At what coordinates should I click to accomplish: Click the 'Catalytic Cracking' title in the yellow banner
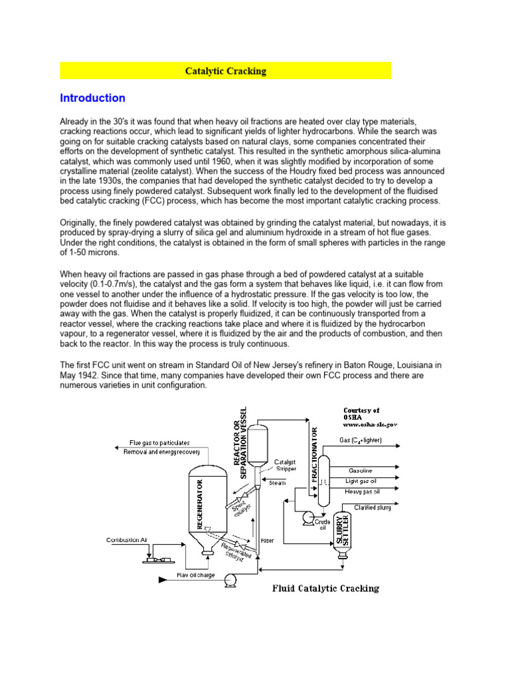pyautogui.click(x=225, y=71)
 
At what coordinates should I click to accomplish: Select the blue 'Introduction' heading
pyautogui.click(x=92, y=98)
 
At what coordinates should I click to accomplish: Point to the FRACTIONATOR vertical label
pyautogui.click(x=314, y=456)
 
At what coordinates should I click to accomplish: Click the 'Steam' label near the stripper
pyautogui.click(x=278, y=483)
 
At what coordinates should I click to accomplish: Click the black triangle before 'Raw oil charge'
pyautogui.click(x=161, y=581)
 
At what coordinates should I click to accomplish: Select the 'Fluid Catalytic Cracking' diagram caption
pyautogui.click(x=326, y=588)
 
